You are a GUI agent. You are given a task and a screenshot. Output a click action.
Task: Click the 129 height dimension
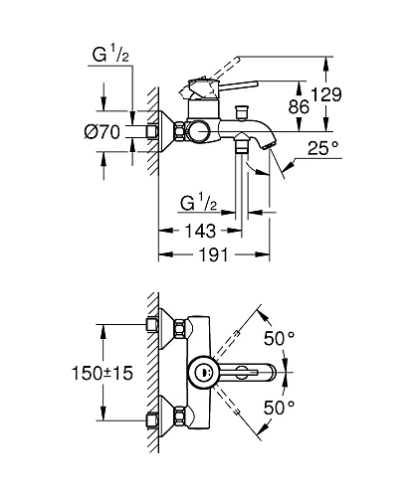(x=326, y=94)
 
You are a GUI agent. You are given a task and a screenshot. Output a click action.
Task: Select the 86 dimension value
(x=299, y=106)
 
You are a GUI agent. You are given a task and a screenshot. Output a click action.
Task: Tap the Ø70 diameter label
(x=103, y=132)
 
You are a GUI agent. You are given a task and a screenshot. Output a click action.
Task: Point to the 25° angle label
(x=323, y=148)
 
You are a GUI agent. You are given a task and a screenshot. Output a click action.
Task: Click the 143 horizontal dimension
(x=200, y=231)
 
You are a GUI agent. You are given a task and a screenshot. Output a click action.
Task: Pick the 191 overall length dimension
(x=214, y=254)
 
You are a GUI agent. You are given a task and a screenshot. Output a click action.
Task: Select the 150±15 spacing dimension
(x=103, y=373)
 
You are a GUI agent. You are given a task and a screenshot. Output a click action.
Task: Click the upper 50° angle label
(x=279, y=338)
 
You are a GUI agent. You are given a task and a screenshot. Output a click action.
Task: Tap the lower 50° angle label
(x=279, y=408)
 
